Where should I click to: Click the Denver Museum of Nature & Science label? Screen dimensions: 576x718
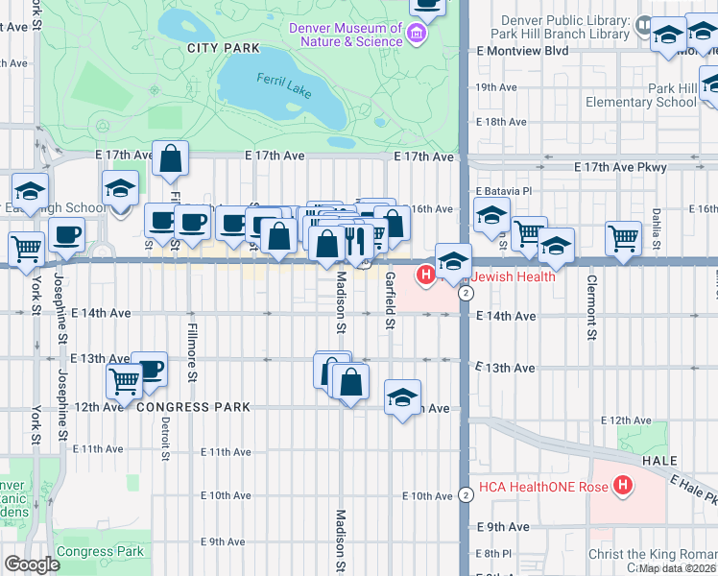[x=347, y=34]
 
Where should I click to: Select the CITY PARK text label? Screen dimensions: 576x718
[x=224, y=47]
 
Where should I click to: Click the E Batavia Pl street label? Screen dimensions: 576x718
[x=503, y=191]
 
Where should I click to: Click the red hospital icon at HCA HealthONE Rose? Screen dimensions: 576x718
[x=623, y=486]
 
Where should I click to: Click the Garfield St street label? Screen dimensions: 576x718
[x=391, y=300]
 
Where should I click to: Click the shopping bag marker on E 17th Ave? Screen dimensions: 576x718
[x=170, y=159]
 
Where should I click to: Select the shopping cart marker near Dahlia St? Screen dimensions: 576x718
[x=624, y=236]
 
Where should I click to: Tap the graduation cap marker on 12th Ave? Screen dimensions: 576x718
[x=403, y=396]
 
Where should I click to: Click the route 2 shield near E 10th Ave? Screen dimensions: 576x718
[x=465, y=494]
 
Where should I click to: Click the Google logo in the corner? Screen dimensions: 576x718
[x=32, y=565]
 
